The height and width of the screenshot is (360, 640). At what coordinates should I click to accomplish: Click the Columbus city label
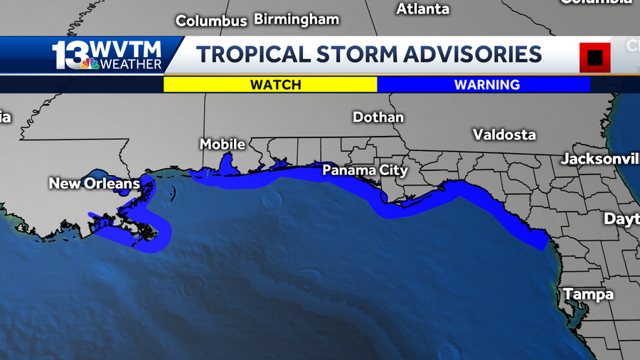211,21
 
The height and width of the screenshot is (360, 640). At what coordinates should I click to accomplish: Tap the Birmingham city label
297,19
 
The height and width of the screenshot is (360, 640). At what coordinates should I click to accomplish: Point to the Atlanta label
422,9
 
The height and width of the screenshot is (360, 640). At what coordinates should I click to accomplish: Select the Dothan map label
378,117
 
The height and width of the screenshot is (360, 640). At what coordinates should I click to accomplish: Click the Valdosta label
504,134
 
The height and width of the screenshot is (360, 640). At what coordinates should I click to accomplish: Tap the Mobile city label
223,144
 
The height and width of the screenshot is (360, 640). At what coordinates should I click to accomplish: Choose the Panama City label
365,171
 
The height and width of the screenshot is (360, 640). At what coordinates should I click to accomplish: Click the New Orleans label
95,184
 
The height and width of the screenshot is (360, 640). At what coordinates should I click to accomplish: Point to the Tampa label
588,295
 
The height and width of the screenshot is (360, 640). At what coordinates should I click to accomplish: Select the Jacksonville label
600,159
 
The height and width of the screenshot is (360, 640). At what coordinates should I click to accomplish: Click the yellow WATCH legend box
270,85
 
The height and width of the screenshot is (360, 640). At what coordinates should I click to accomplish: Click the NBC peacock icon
90,64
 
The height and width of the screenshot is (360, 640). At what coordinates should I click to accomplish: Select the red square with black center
594,57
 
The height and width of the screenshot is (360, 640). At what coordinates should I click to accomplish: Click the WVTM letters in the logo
124,50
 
